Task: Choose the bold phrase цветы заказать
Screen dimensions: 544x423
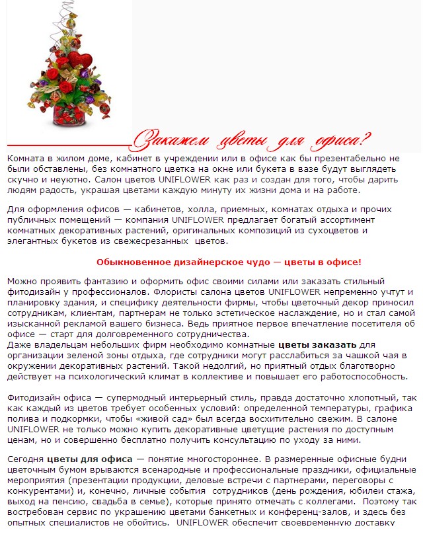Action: click(317, 345)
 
